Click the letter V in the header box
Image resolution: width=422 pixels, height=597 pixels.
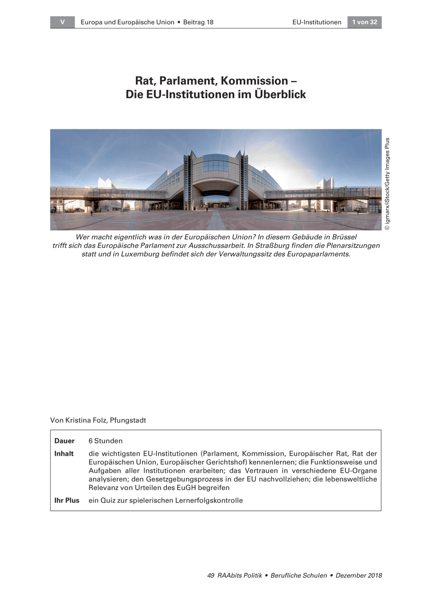(62, 22)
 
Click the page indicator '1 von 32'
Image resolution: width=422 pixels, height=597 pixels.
(364, 22)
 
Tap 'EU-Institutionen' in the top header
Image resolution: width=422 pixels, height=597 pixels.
(316, 22)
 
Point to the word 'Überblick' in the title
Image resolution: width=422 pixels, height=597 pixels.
(281, 94)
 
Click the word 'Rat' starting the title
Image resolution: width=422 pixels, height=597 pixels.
(145, 81)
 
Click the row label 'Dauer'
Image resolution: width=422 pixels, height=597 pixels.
(64, 441)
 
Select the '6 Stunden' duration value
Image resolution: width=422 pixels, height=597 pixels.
(105, 441)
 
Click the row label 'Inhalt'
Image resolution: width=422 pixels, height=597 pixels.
(64, 454)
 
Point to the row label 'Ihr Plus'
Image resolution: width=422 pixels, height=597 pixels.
(67, 500)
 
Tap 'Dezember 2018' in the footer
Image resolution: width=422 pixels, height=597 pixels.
(359, 576)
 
